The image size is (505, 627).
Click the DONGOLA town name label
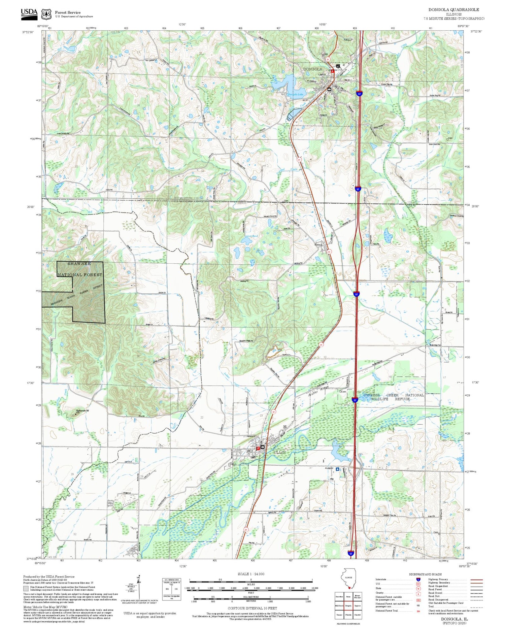pos(312,69)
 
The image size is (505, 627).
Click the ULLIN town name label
pos(279,452)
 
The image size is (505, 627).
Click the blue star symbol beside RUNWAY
pos(337,469)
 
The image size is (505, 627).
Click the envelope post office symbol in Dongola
pos(329,89)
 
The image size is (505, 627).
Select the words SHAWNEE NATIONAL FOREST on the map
pos(80,269)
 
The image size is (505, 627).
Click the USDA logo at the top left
pos(29,13)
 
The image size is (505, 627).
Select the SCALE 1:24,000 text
pos(251,574)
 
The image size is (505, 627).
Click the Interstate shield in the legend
pos(418,580)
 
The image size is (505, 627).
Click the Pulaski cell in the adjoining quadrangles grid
pos(349,615)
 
